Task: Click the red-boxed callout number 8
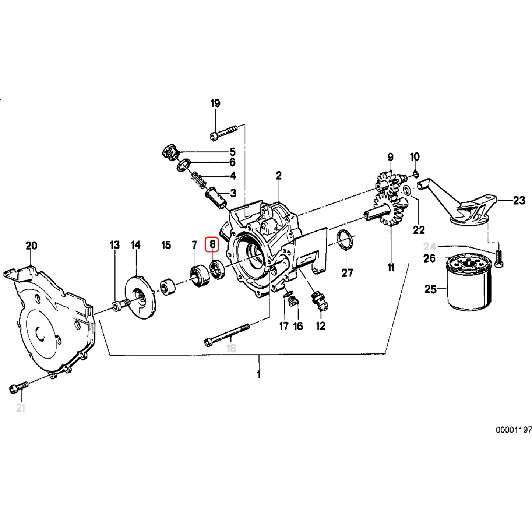(x=212, y=244)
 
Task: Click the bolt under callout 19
(x=223, y=133)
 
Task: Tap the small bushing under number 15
(x=168, y=287)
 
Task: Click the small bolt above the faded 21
(x=18, y=386)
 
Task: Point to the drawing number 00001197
(x=514, y=430)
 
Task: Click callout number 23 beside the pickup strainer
(x=519, y=200)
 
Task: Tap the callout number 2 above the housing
(x=279, y=176)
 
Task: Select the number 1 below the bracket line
(x=259, y=374)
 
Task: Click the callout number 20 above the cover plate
(x=31, y=246)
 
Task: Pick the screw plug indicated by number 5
(x=170, y=152)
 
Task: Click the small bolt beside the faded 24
(x=499, y=258)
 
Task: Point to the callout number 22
(x=419, y=230)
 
